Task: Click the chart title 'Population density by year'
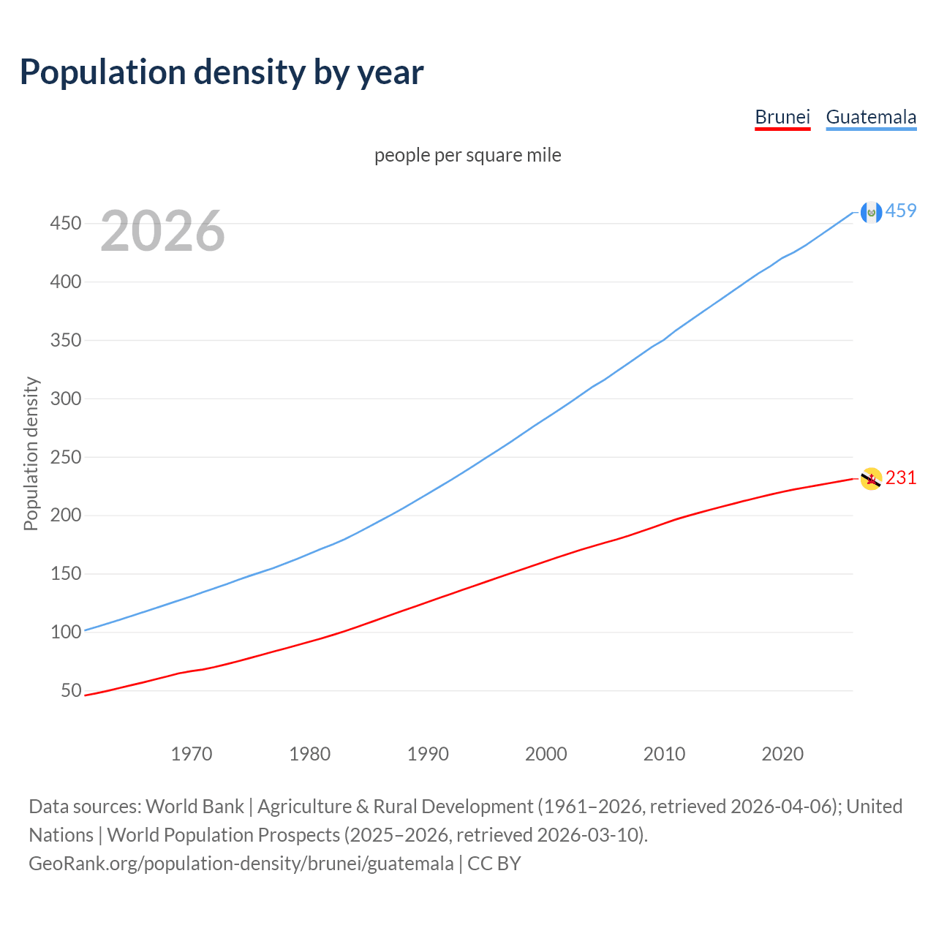click(222, 72)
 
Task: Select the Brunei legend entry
click(782, 117)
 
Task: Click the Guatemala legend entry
click(871, 117)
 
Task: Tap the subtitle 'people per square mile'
click(467, 155)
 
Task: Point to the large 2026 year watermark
click(162, 231)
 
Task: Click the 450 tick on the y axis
click(65, 223)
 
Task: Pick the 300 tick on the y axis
click(65, 399)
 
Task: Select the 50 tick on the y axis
click(71, 690)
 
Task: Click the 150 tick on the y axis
click(65, 573)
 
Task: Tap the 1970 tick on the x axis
click(192, 753)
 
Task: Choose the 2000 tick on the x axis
click(546, 753)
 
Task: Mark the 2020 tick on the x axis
click(782, 753)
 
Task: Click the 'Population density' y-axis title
click(31, 453)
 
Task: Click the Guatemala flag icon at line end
click(871, 212)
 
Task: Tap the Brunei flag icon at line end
click(871, 479)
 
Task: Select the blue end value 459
click(901, 211)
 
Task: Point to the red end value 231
click(901, 478)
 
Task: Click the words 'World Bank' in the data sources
click(195, 806)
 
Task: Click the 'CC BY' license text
click(494, 864)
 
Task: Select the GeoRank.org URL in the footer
click(241, 864)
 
